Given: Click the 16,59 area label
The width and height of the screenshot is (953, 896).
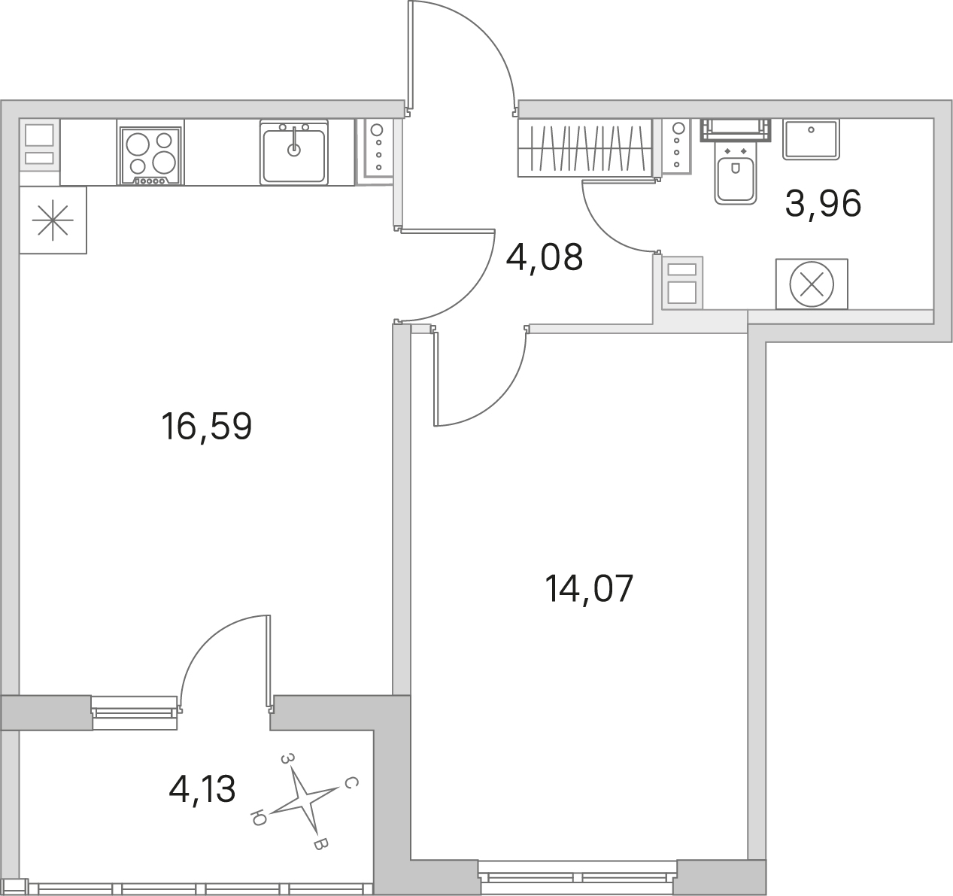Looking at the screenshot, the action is point(206,427).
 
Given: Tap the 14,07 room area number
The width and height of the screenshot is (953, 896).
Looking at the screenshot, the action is point(589,589).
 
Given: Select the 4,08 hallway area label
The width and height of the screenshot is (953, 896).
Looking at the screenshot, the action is point(544,257).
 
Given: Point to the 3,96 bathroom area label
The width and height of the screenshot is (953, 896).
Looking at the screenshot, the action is point(823,204).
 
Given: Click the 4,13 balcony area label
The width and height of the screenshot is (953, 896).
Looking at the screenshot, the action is point(202,789).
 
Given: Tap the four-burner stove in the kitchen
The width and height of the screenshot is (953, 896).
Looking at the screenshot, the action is point(150,156).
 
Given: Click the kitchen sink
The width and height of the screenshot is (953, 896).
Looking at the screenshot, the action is point(294,153).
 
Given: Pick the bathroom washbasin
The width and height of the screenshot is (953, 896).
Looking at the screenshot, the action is point(811,139).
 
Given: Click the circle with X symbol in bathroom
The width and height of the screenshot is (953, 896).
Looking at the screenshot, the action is point(812,284).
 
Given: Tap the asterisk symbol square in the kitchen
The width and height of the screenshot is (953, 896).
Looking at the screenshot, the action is point(53,220).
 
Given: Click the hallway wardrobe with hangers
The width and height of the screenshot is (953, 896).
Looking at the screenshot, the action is point(585,148).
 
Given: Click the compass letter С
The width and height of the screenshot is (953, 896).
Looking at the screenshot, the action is point(351,783).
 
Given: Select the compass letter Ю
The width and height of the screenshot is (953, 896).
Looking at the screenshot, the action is point(258,817).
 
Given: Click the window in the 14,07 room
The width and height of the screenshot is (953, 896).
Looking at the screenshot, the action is point(578,878).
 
